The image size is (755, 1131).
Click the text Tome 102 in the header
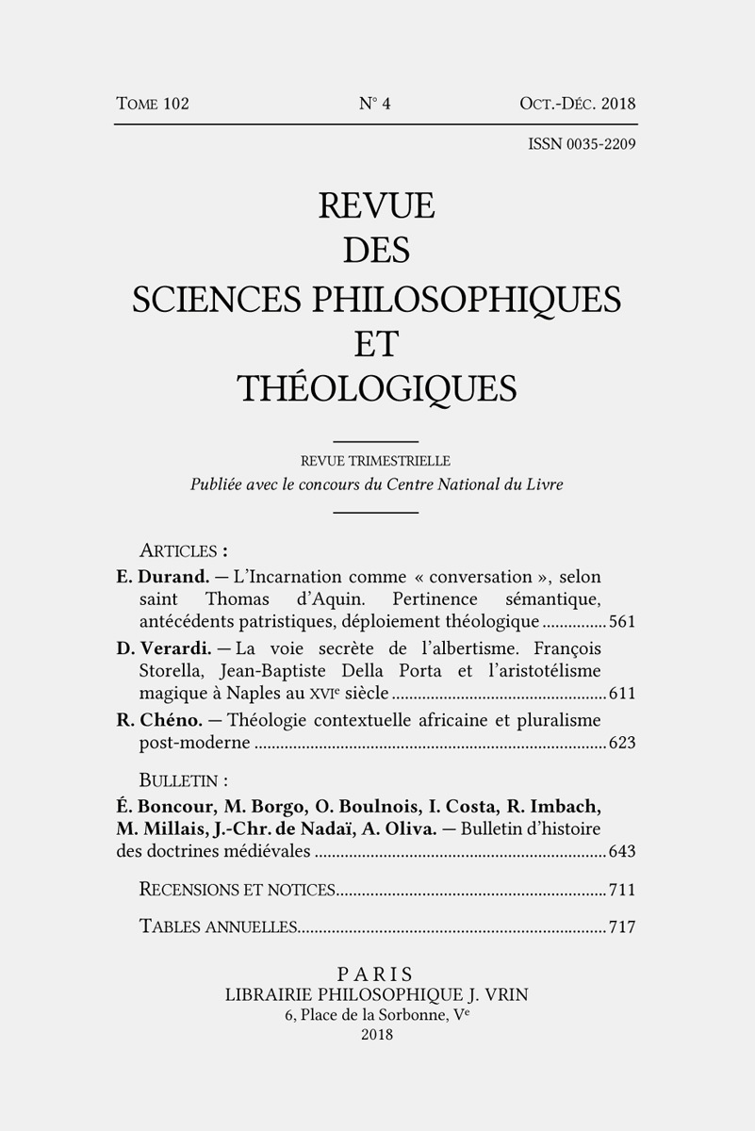pyautogui.click(x=153, y=104)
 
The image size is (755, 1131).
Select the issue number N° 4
pyautogui.click(x=375, y=104)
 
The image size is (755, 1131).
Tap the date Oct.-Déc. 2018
pyautogui.click(x=577, y=104)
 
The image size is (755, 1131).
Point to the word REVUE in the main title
pyautogui.click(x=376, y=205)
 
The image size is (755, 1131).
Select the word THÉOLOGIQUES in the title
pyautogui.click(x=376, y=388)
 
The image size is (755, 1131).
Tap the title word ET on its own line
pyautogui.click(x=376, y=343)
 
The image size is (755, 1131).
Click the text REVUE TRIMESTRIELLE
pyautogui.click(x=375, y=462)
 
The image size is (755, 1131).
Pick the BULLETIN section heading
pyautogui.click(x=183, y=780)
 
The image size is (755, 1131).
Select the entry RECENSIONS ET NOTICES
pyautogui.click(x=237, y=889)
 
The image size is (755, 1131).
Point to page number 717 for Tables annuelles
pyautogui.click(x=622, y=926)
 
